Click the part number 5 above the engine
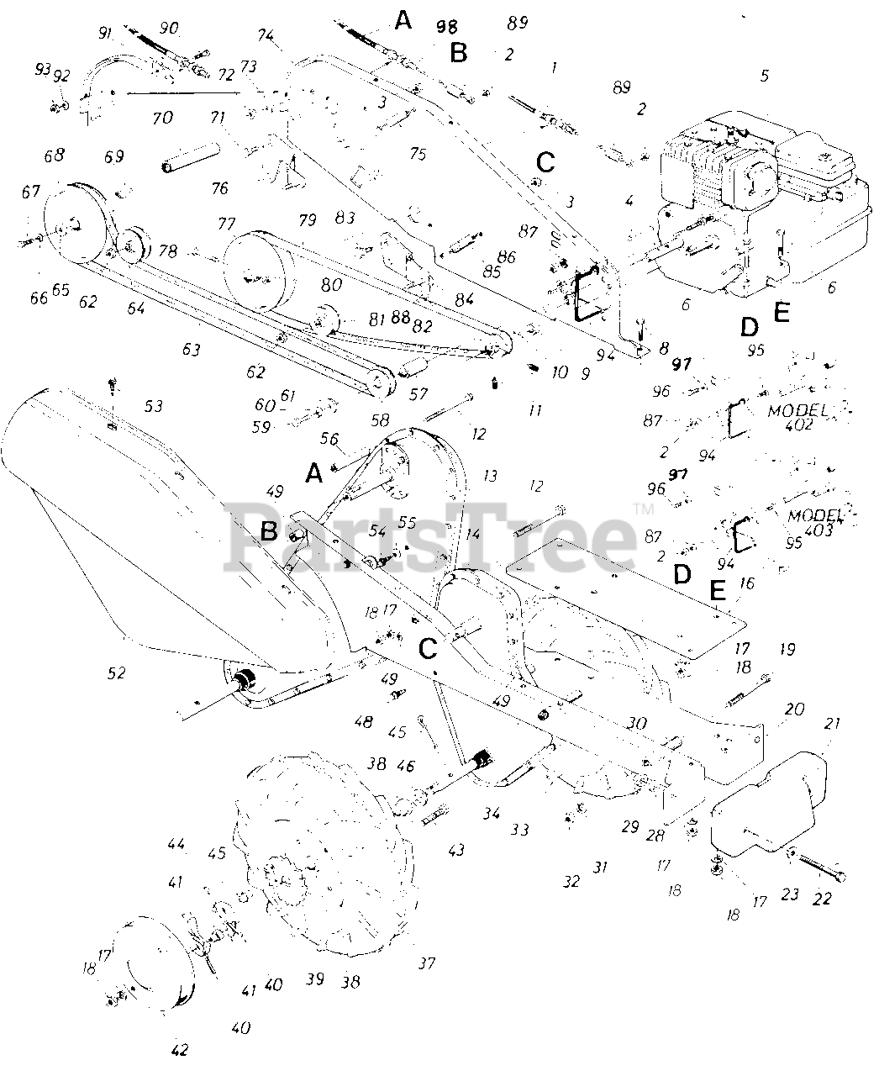point(764,76)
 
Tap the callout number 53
point(153,407)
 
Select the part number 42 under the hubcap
point(180,1049)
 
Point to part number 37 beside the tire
point(427,963)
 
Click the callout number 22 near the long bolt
point(821,899)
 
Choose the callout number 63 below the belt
point(192,350)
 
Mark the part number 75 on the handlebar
point(418,154)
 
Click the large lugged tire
point(328,857)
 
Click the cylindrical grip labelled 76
point(192,157)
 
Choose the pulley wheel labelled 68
point(72,222)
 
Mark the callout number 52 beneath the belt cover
point(117,672)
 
